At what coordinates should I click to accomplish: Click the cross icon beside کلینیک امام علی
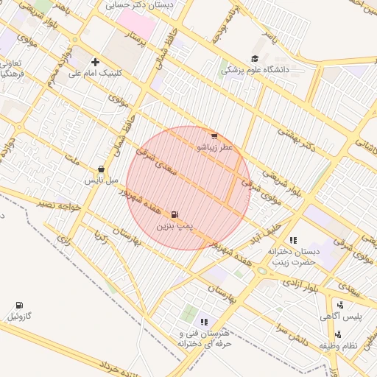(95, 62)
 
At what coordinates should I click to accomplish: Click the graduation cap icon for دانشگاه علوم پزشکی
(256, 59)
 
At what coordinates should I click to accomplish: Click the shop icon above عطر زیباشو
(214, 135)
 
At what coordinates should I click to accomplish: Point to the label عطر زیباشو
(214, 147)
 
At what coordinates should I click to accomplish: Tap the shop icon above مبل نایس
(101, 169)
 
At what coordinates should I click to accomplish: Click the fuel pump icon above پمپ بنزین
(174, 214)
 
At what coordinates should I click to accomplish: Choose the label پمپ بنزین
(174, 225)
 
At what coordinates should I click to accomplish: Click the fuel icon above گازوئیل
(18, 305)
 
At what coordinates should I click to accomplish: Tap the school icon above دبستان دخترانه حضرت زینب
(293, 240)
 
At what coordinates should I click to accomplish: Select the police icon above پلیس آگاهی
(340, 305)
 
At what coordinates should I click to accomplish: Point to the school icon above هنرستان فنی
(204, 322)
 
